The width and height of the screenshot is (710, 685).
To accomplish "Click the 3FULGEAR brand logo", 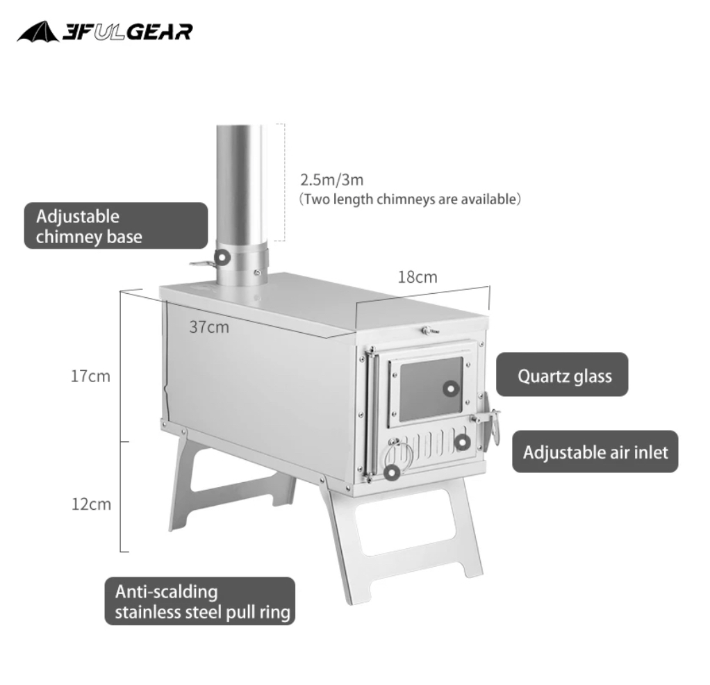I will click(x=105, y=31).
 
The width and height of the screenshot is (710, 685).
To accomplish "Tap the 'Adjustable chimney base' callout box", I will click(x=116, y=226).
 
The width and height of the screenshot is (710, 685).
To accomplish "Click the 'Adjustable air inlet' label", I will click(x=595, y=452).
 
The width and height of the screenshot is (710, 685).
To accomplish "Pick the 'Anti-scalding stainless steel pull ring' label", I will click(x=200, y=602).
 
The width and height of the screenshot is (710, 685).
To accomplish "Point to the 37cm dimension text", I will click(x=208, y=327).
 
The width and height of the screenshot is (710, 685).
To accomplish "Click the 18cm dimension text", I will click(x=418, y=277).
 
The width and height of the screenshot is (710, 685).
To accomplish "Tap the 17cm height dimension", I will click(x=90, y=377).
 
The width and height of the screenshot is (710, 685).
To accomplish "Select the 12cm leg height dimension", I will click(x=90, y=504).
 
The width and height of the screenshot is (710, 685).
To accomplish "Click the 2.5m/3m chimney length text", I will click(x=332, y=179).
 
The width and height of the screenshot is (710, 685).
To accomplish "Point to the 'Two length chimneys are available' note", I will click(x=410, y=199).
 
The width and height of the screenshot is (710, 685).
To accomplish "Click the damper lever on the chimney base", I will click(x=201, y=263).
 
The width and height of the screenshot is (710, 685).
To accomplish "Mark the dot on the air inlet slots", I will click(x=462, y=442).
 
